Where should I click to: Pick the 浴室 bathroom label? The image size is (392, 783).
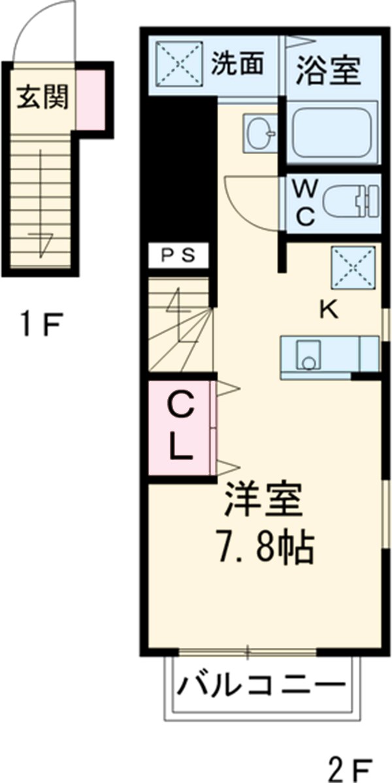[x=329, y=70]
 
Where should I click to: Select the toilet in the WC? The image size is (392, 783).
[x=350, y=200]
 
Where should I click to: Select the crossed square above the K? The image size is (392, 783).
[x=353, y=268]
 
